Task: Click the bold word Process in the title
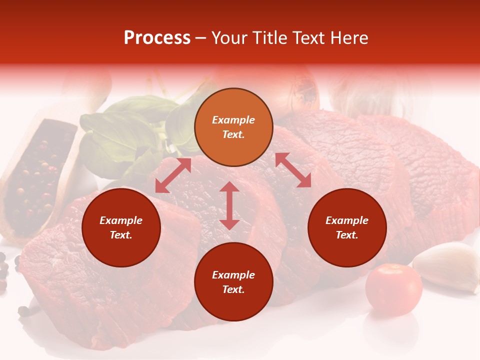pyautogui.click(x=157, y=38)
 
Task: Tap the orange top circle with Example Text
pyautogui.click(x=233, y=127)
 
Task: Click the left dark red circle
pyautogui.click(x=121, y=227)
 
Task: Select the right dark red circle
pyautogui.click(x=347, y=227)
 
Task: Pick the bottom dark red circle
pyautogui.click(x=233, y=282)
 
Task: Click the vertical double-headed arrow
pyautogui.click(x=229, y=205)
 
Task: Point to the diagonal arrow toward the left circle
pyautogui.click(x=173, y=175)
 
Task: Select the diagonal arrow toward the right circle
pyautogui.click(x=293, y=170)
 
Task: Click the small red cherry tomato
pyautogui.click(x=393, y=289)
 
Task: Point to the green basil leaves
pyautogui.click(x=120, y=130)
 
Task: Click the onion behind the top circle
pyautogui.click(x=300, y=92)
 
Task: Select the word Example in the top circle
pyautogui.click(x=233, y=120)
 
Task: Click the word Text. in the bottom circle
pyautogui.click(x=233, y=289)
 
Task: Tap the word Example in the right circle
pyautogui.click(x=347, y=220)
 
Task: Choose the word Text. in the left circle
pyautogui.click(x=121, y=235)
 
